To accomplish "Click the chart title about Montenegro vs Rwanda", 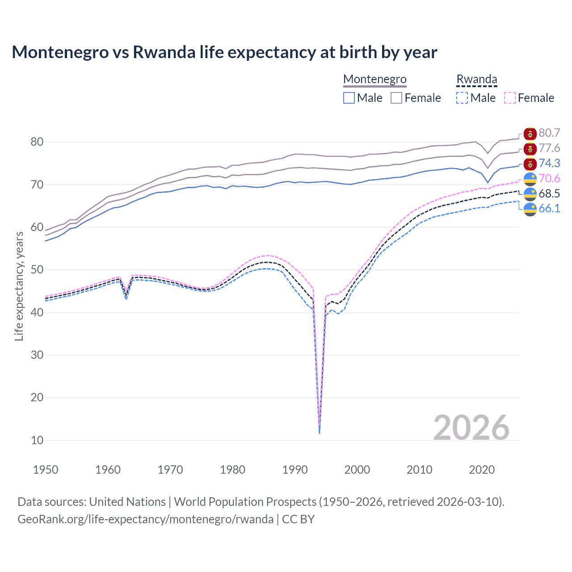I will (224, 52).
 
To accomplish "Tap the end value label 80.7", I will (549, 133).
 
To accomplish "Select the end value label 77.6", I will (549, 148).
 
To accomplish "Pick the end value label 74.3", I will (549, 163).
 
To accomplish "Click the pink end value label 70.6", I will (549, 178).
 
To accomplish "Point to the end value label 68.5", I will (549, 193).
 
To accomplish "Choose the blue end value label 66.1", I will (549, 208).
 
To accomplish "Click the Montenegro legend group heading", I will (374, 79).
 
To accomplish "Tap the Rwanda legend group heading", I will (476, 79).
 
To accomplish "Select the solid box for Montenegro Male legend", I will (349, 98).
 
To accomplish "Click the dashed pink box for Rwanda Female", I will (510, 98).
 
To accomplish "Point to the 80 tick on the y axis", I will (37, 142).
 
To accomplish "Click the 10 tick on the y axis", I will (37, 440).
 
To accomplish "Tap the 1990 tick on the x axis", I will (295, 470).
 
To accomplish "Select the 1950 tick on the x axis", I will (46, 470).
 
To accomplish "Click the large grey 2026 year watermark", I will (471, 428).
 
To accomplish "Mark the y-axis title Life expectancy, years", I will (19, 286).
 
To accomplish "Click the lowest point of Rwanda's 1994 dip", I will (319, 433).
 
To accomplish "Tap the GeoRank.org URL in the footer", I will (145, 519).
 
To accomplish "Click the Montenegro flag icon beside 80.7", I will (530, 133).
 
